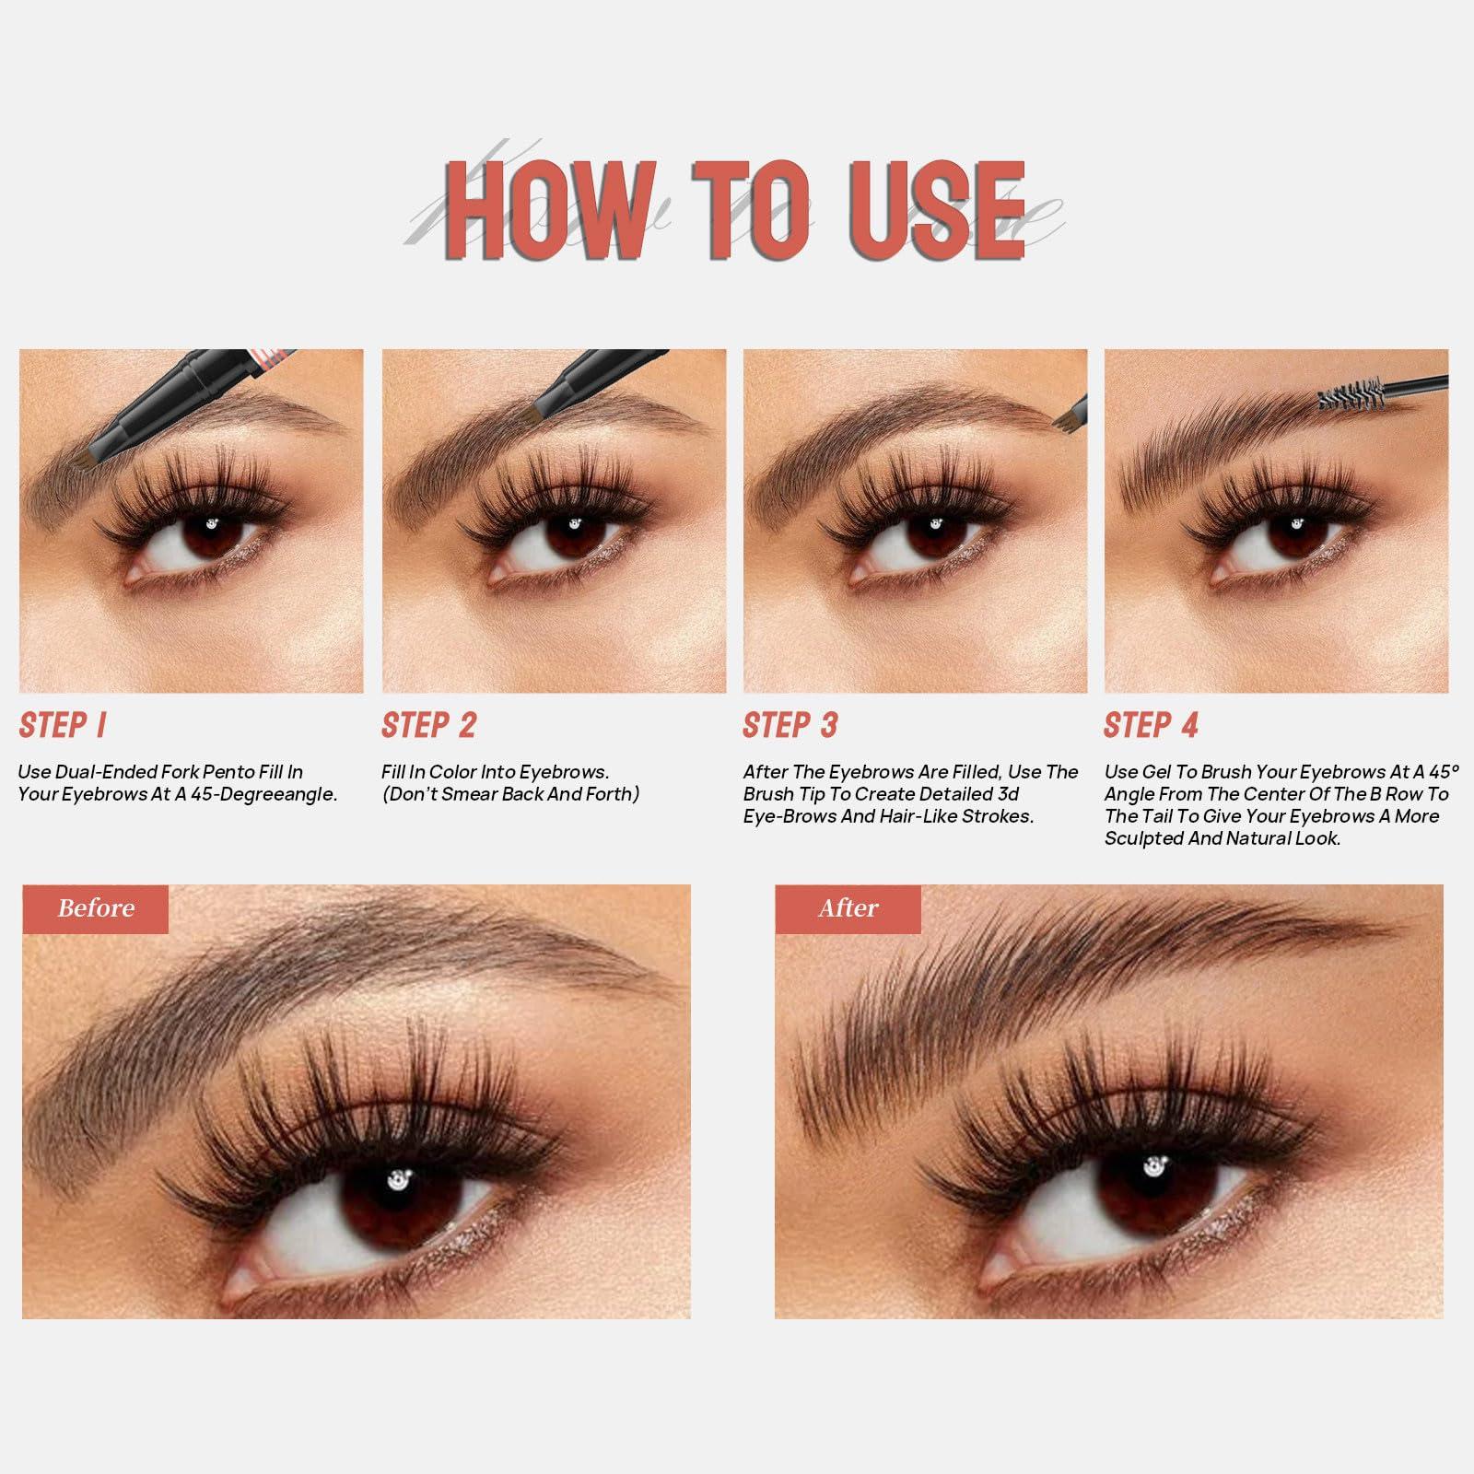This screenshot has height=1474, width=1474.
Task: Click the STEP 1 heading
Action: [x=63, y=726]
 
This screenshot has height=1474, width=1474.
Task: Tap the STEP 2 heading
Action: [x=429, y=726]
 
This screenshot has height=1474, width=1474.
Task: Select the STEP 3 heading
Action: [x=790, y=726]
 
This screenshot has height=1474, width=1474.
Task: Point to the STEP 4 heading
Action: [x=1152, y=726]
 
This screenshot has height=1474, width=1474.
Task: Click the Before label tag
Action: [x=96, y=908]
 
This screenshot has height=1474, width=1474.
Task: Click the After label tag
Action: [x=848, y=908]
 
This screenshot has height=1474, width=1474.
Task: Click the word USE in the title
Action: [x=931, y=211]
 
